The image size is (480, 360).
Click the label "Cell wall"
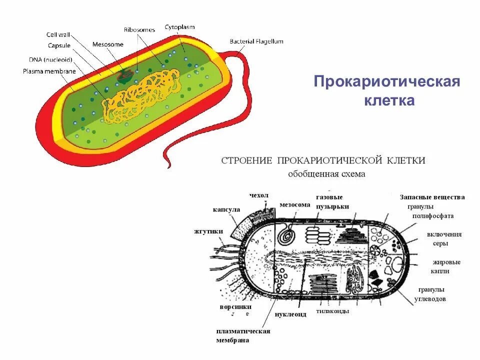click(x=58, y=34)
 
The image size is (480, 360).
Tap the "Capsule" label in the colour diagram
click(x=59, y=45)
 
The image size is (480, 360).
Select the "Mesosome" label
click(x=107, y=44)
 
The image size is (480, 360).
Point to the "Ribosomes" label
click(x=139, y=30)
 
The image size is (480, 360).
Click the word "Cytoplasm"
click(x=179, y=27)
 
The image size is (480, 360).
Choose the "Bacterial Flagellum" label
click(x=256, y=41)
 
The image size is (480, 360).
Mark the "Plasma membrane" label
click(x=49, y=71)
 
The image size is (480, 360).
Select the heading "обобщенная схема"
click(x=326, y=174)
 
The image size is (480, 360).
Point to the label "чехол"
click(x=259, y=194)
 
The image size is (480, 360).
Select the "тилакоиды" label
click(x=332, y=311)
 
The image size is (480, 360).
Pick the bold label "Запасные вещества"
click(x=432, y=197)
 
